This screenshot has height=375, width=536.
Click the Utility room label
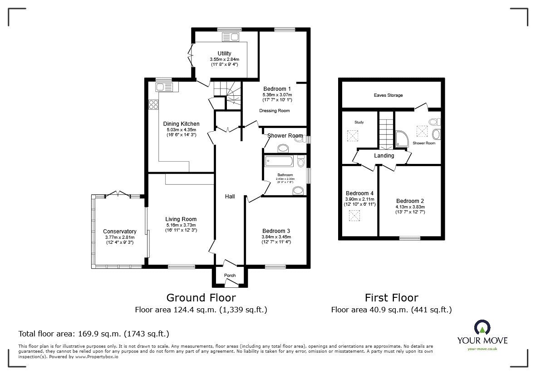click(x=224, y=54)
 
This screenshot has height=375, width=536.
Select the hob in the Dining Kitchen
click(x=153, y=105)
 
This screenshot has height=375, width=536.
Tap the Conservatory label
click(x=119, y=232)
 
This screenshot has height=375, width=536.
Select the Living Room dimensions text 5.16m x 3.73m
click(x=181, y=225)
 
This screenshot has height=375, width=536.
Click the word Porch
click(x=230, y=276)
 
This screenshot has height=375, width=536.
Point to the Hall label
click(x=230, y=197)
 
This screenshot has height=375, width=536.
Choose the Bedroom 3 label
click(x=275, y=231)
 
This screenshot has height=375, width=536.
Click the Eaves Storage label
click(x=388, y=95)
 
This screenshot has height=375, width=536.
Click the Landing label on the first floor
click(x=384, y=156)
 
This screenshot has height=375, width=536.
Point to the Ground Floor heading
click(x=201, y=298)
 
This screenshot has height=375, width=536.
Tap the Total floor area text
click(x=93, y=334)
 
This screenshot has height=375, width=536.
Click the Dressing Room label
click(x=274, y=111)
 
